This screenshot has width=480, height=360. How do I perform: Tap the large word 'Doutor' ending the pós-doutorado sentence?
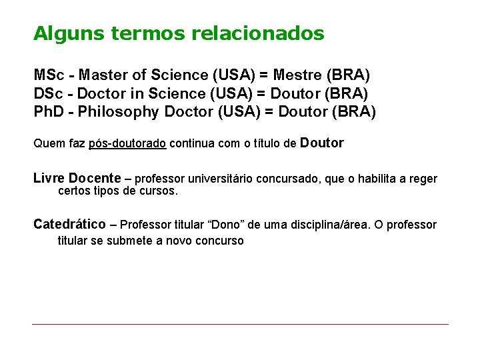(323, 143)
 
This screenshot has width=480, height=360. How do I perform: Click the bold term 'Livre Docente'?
(77, 179)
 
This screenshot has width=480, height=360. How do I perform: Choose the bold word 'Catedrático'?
(69, 224)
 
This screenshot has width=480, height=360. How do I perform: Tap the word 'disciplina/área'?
(332, 225)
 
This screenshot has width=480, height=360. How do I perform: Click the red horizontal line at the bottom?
(240, 324)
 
